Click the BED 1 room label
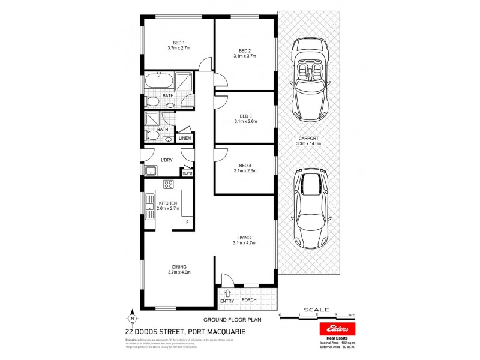(x=178, y=41)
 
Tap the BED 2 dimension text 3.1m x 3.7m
(x=245, y=56)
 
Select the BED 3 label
(x=245, y=116)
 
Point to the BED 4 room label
(x=245, y=165)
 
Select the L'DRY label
(x=167, y=160)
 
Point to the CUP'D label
(x=187, y=173)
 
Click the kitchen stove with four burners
(x=169, y=184)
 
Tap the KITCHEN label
(x=167, y=203)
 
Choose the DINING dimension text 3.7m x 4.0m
(x=179, y=272)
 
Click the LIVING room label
(x=244, y=238)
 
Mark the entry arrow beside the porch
(x=227, y=293)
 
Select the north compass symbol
(x=133, y=319)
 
